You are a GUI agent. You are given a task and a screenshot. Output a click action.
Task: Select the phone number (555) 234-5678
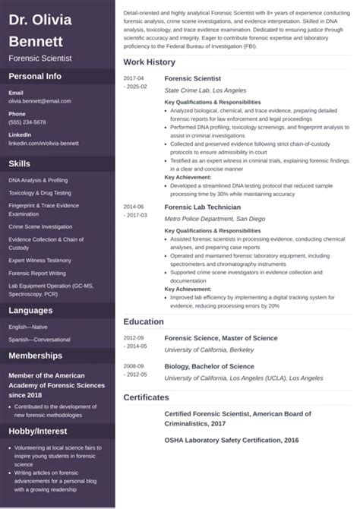tap(27, 122)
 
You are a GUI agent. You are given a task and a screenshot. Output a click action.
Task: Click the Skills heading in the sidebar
tap(20, 163)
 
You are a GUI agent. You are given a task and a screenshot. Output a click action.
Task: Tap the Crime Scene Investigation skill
tap(39, 226)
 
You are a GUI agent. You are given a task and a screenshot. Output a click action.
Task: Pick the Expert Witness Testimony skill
tap(39, 260)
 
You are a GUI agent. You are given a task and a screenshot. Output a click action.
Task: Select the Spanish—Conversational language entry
tap(39, 339)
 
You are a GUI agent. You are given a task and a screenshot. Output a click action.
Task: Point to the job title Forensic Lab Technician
tap(203, 207)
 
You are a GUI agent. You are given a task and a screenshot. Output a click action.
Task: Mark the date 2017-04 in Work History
tap(134, 78)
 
